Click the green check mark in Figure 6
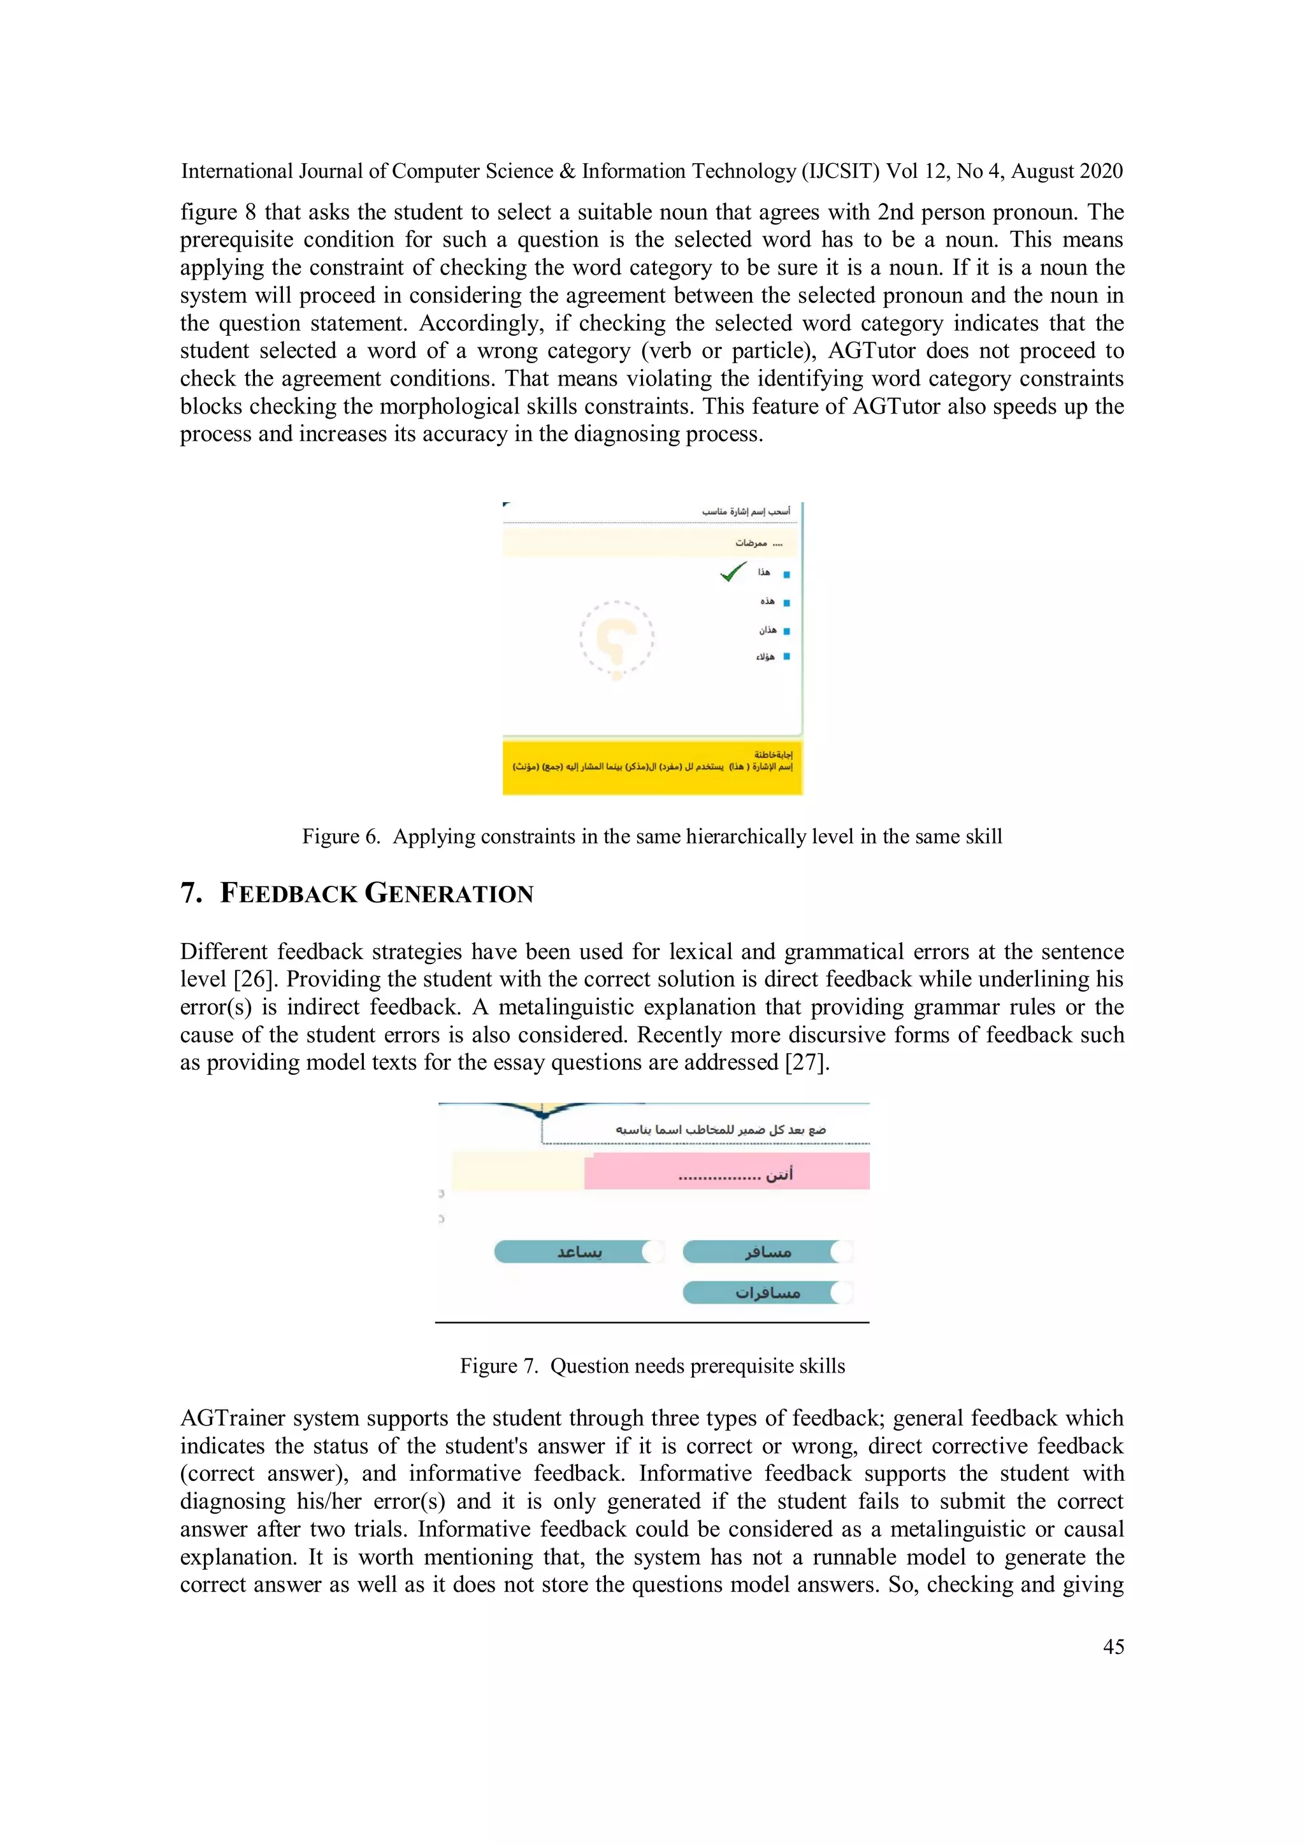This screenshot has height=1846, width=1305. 733,572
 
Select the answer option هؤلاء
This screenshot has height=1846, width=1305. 765,657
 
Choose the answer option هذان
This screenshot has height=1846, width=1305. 768,630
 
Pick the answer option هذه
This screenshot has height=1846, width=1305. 768,602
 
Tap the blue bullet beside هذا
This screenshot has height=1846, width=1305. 786,574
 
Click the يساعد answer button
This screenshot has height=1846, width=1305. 579,1252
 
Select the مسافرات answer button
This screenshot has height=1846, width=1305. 767,1293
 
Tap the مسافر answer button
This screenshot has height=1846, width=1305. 767,1252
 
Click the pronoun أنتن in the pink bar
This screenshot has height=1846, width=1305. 779,1174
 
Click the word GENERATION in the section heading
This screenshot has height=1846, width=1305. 449,893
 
